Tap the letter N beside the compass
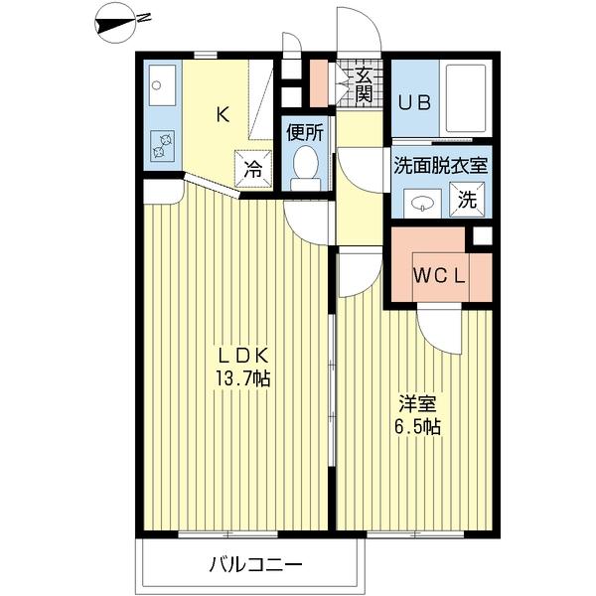tap(145, 17)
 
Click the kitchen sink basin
tap(161, 85)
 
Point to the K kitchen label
tap(223, 114)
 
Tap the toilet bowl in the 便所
tap(305, 165)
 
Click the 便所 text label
tap(304, 132)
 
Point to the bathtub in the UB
tap(465, 96)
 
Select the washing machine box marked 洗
tap(467, 199)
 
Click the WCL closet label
tap(439, 275)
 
